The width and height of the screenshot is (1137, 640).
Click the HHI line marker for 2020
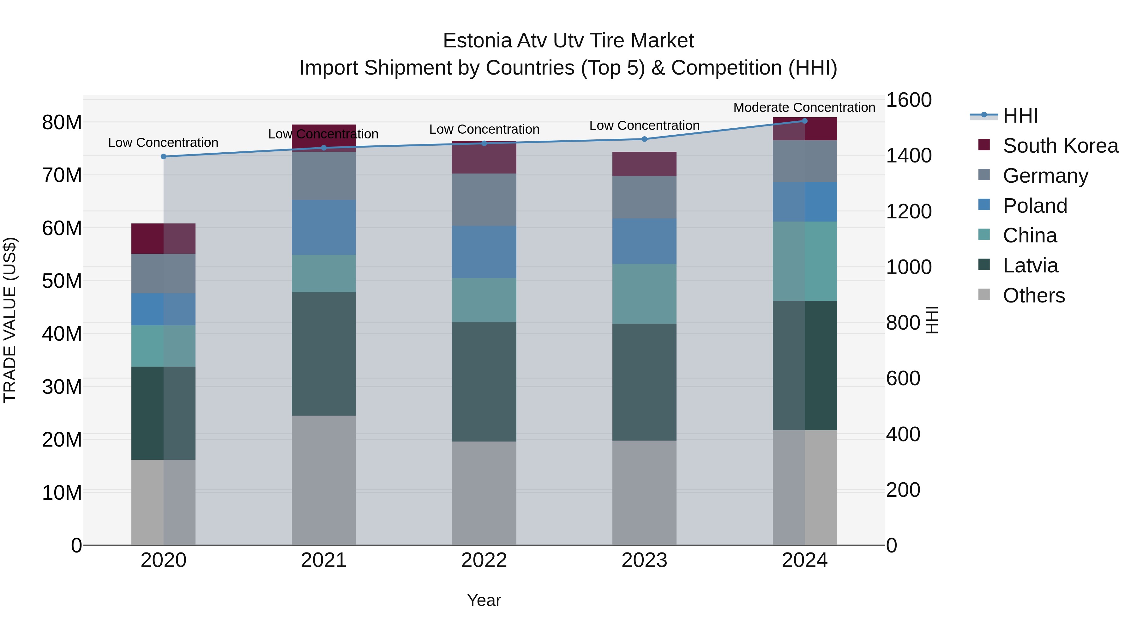(x=163, y=156)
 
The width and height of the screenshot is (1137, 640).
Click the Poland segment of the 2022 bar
(x=484, y=252)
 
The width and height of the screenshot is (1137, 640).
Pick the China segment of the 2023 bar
(x=644, y=294)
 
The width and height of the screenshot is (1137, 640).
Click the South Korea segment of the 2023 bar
(x=644, y=164)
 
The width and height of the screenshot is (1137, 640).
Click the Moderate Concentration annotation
(x=804, y=107)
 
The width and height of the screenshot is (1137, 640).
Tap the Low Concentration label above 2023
(x=644, y=125)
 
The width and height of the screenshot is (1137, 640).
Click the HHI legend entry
(x=1020, y=116)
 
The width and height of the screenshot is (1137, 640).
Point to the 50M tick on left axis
(x=62, y=281)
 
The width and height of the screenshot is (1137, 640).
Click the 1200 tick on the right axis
(x=908, y=211)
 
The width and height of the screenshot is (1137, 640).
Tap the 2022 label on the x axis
(x=484, y=560)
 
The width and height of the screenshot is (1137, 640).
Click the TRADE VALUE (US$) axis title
(x=10, y=320)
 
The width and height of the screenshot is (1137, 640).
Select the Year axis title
(x=484, y=600)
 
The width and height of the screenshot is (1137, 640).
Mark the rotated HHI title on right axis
(x=931, y=320)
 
